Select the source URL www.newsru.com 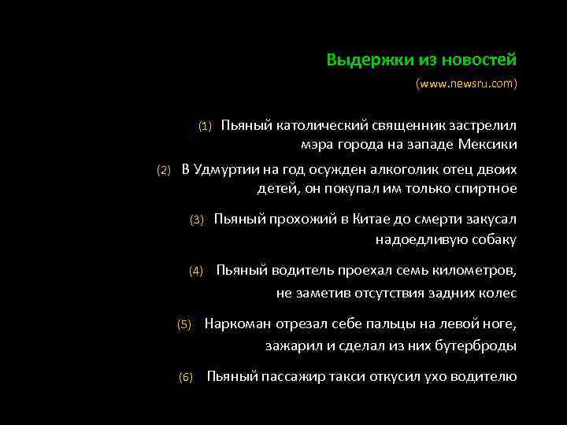pos(467,83)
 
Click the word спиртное pos(485,188)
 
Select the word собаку pos(491,239)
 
